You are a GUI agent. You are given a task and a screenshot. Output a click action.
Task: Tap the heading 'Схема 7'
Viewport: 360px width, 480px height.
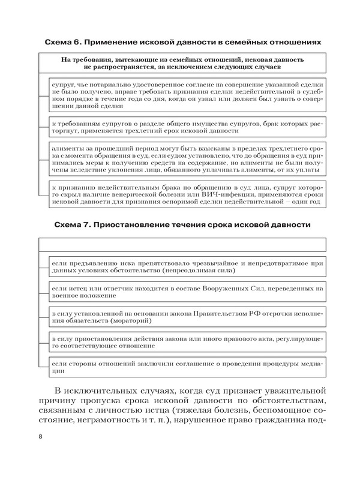point(74,226)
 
